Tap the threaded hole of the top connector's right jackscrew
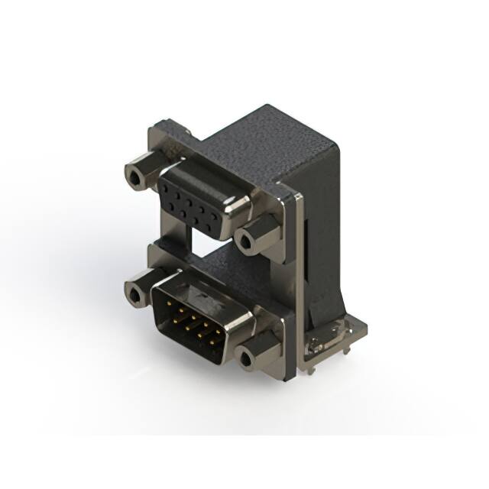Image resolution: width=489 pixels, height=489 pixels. point(244,242)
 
